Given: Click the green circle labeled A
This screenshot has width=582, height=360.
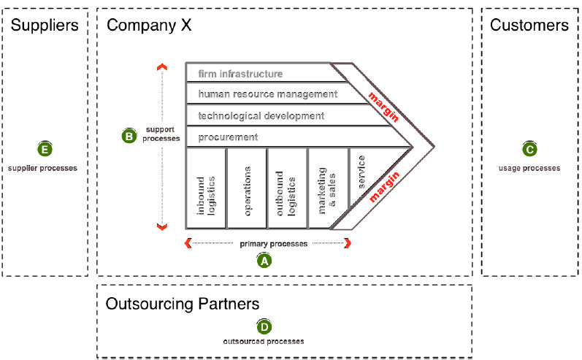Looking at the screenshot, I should click(x=264, y=259).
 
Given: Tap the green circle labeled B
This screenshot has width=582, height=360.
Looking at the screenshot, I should click(x=128, y=135).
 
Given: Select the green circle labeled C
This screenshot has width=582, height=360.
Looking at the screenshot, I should click(x=529, y=150).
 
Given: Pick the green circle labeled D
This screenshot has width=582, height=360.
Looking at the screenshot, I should click(x=263, y=326).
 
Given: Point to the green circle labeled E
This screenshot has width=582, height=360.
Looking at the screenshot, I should click(x=45, y=150).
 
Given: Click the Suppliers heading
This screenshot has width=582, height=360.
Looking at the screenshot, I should click(x=45, y=26).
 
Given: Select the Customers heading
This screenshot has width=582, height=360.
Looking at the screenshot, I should click(x=529, y=26).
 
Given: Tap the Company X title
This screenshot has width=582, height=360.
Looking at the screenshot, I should click(x=148, y=26).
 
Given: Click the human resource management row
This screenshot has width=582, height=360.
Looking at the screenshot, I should click(x=267, y=94).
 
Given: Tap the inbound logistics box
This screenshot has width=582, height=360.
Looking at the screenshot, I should click(x=205, y=188).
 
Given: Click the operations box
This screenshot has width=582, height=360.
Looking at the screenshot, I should click(x=247, y=188).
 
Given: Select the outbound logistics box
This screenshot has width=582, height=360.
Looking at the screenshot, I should click(x=287, y=188).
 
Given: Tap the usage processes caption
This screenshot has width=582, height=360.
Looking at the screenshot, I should click(x=529, y=168).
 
